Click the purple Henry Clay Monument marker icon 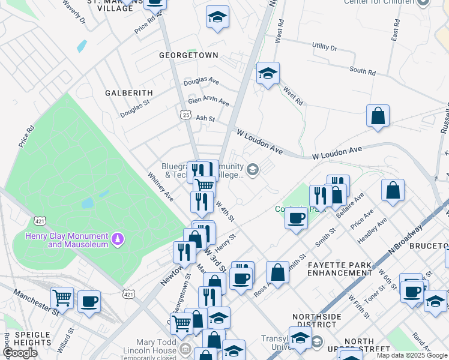coord(118,240)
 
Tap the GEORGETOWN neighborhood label coord(188,55)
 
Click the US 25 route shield coord(185,114)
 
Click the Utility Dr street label coord(325,47)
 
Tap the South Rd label coord(362,71)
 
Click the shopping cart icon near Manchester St coord(62,297)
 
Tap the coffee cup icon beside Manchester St coord(89,301)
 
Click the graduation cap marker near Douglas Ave coord(268,73)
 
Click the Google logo coord(20,353)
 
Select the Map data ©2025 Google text coord(411,355)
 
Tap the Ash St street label coord(205,118)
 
